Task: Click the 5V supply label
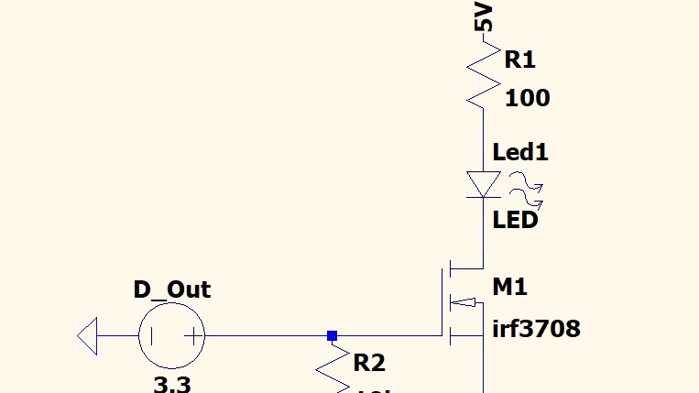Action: [x=484, y=16]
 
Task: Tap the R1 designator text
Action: [x=519, y=60]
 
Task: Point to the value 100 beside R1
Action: [x=527, y=98]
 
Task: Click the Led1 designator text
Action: [x=520, y=152]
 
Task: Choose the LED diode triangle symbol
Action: [x=483, y=183]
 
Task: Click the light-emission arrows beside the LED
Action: [x=526, y=186]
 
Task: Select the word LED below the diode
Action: [x=515, y=220]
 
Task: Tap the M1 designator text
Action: [x=510, y=287]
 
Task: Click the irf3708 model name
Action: [x=536, y=328]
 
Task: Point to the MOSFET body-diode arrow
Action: [x=467, y=302]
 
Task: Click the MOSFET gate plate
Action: [x=443, y=302]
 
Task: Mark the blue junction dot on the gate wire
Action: [x=333, y=335]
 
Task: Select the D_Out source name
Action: [x=172, y=290]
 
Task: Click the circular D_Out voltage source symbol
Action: [x=172, y=335]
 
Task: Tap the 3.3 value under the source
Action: [x=172, y=384]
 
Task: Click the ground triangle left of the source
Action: [x=87, y=335]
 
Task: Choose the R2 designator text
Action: [x=369, y=363]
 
